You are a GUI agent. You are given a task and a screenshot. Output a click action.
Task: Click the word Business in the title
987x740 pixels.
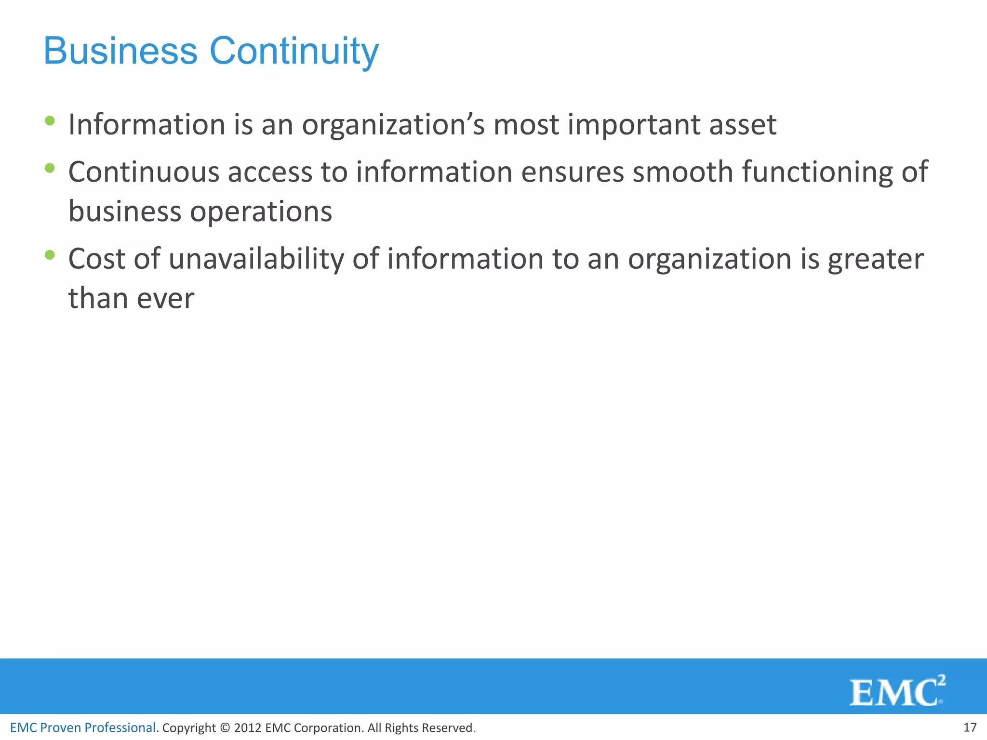pos(120,51)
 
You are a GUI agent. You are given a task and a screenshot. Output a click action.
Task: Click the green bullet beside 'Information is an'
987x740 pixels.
pos(49,120)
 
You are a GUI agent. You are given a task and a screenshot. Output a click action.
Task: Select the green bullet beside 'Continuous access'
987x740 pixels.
pos(49,168)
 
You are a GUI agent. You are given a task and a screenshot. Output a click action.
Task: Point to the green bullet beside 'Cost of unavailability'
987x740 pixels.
pos(49,255)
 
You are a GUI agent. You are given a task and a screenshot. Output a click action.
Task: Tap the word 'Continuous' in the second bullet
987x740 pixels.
pos(144,172)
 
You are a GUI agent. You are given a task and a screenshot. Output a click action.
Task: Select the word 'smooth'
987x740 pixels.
pos(683,172)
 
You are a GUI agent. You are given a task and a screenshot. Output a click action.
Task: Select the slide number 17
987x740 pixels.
pos(970,727)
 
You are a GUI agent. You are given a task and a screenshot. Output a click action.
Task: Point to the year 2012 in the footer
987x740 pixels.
pos(247,728)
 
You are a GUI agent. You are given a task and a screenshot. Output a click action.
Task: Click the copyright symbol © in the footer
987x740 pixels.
pos(225,728)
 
